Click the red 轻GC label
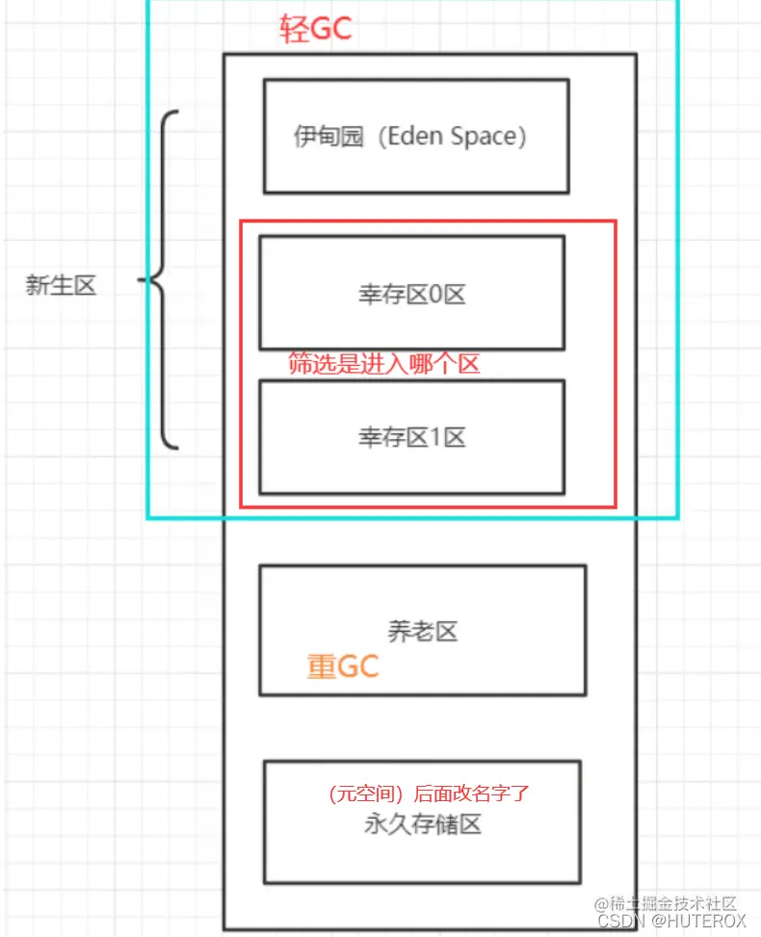point(316,28)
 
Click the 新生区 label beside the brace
point(61,285)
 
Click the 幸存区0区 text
point(411,295)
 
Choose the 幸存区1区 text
point(411,437)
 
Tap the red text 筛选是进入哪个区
point(384,363)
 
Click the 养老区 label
point(422,632)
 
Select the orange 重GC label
point(343,665)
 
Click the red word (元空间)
point(365,794)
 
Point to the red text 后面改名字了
point(472,794)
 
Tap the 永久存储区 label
point(422,823)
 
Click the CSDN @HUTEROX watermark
point(671,921)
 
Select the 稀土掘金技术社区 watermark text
point(671,903)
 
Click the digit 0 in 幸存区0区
point(433,295)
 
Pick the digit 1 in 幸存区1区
point(433,437)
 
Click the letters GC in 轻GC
point(331,28)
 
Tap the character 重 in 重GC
point(320,665)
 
